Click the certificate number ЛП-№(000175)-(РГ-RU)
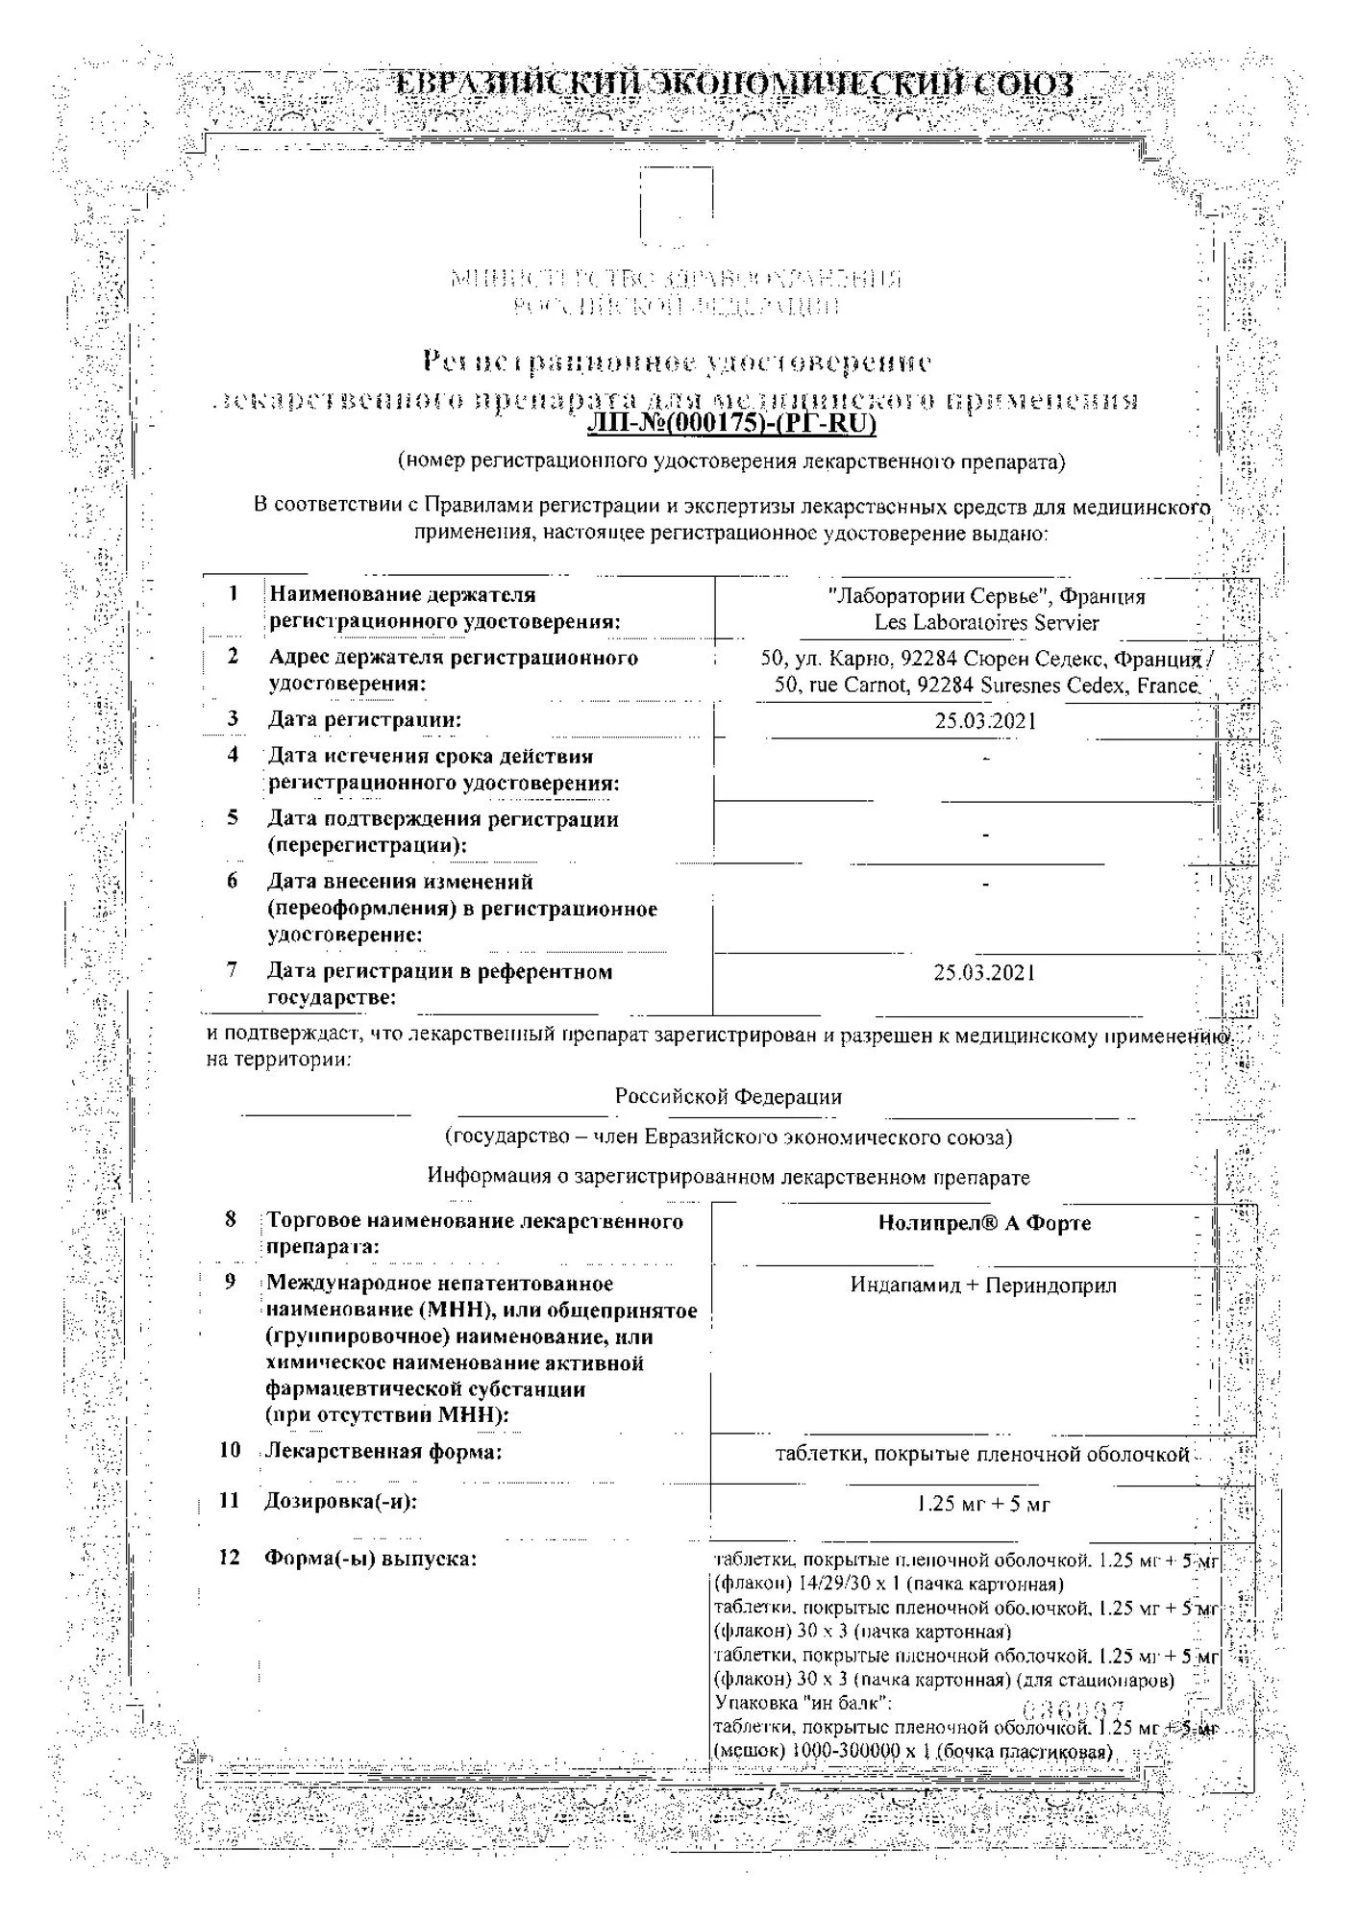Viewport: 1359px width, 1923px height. point(732,424)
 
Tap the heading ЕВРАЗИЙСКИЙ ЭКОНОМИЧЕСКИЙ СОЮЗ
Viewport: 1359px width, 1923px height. point(735,86)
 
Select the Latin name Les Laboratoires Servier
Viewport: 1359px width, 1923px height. point(986,623)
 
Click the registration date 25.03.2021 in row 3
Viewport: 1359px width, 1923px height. point(986,721)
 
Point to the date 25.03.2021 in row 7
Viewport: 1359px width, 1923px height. point(985,973)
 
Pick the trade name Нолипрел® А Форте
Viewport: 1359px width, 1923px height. point(984,1224)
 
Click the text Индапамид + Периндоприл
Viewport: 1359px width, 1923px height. point(983,1286)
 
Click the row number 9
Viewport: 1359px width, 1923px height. point(231,1283)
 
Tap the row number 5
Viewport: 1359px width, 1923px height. point(233,818)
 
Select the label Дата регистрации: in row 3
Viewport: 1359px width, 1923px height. point(364,719)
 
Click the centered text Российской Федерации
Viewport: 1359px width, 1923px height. point(729,1097)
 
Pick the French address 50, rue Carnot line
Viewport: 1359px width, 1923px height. point(986,687)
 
